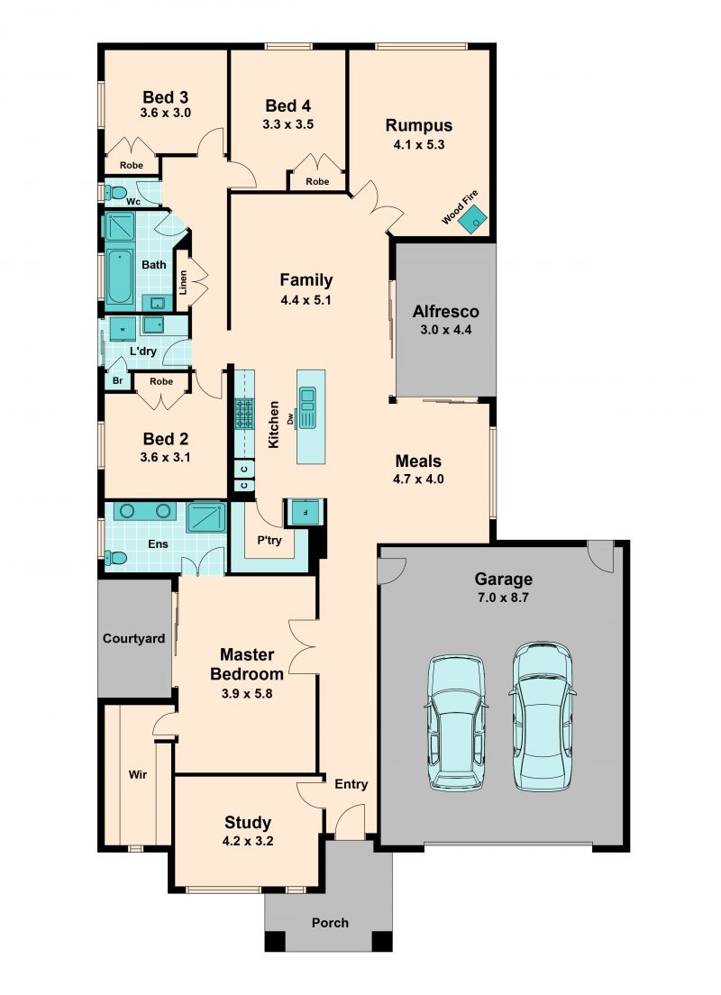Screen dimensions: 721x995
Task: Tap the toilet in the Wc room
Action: click(x=116, y=192)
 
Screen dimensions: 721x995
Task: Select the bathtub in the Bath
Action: click(x=119, y=278)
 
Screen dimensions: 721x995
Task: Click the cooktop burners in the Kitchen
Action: click(x=243, y=413)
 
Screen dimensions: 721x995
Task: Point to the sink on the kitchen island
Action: click(x=308, y=406)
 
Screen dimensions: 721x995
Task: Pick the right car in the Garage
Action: click(x=543, y=716)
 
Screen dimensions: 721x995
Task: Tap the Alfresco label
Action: click(x=445, y=312)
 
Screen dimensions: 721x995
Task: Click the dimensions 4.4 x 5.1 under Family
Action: click(x=306, y=299)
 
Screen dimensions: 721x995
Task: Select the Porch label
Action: click(x=330, y=923)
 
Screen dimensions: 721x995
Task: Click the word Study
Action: click(x=248, y=823)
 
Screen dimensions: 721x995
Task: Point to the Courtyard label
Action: click(x=134, y=639)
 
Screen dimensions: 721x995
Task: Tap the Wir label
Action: click(x=138, y=774)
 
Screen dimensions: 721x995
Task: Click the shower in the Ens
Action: click(x=205, y=517)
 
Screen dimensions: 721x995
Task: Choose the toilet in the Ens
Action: click(x=116, y=558)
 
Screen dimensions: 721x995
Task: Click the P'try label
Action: click(x=269, y=541)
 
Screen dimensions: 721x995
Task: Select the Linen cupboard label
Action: click(x=184, y=282)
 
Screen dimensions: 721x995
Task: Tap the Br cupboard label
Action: click(x=117, y=380)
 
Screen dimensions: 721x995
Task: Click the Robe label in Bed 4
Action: click(x=317, y=181)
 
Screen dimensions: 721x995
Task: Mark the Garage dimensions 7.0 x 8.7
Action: click(x=503, y=598)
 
